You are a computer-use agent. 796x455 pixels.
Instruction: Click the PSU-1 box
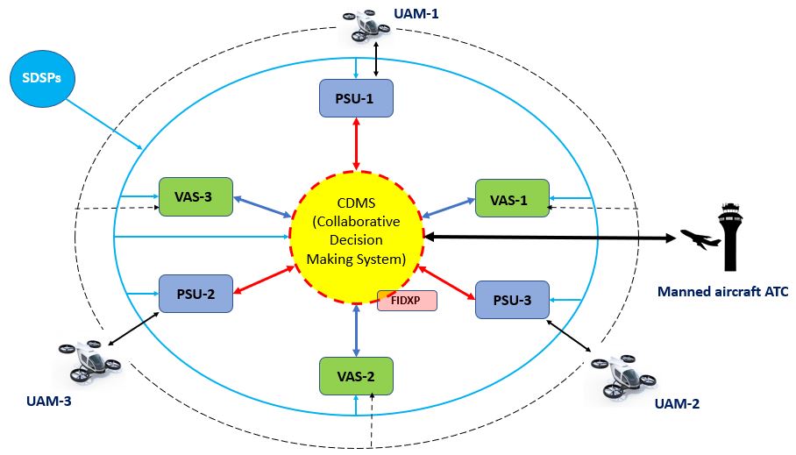point(355,97)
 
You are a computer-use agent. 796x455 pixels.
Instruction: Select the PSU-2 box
point(195,293)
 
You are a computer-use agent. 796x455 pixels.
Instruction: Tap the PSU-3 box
point(512,299)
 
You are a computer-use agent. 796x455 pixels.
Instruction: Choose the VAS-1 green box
point(512,199)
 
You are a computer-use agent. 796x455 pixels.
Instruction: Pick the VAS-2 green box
point(355,376)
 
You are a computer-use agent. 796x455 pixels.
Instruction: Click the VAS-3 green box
point(195,196)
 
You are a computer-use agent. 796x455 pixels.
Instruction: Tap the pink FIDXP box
point(407,301)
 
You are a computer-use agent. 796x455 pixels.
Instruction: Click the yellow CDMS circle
point(356,236)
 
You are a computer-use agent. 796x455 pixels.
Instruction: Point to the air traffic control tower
point(730,237)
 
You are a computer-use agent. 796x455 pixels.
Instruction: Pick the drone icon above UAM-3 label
point(87,361)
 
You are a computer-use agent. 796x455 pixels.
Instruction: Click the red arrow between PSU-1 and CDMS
point(356,143)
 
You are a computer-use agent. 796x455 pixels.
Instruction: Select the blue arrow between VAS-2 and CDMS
point(356,329)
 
